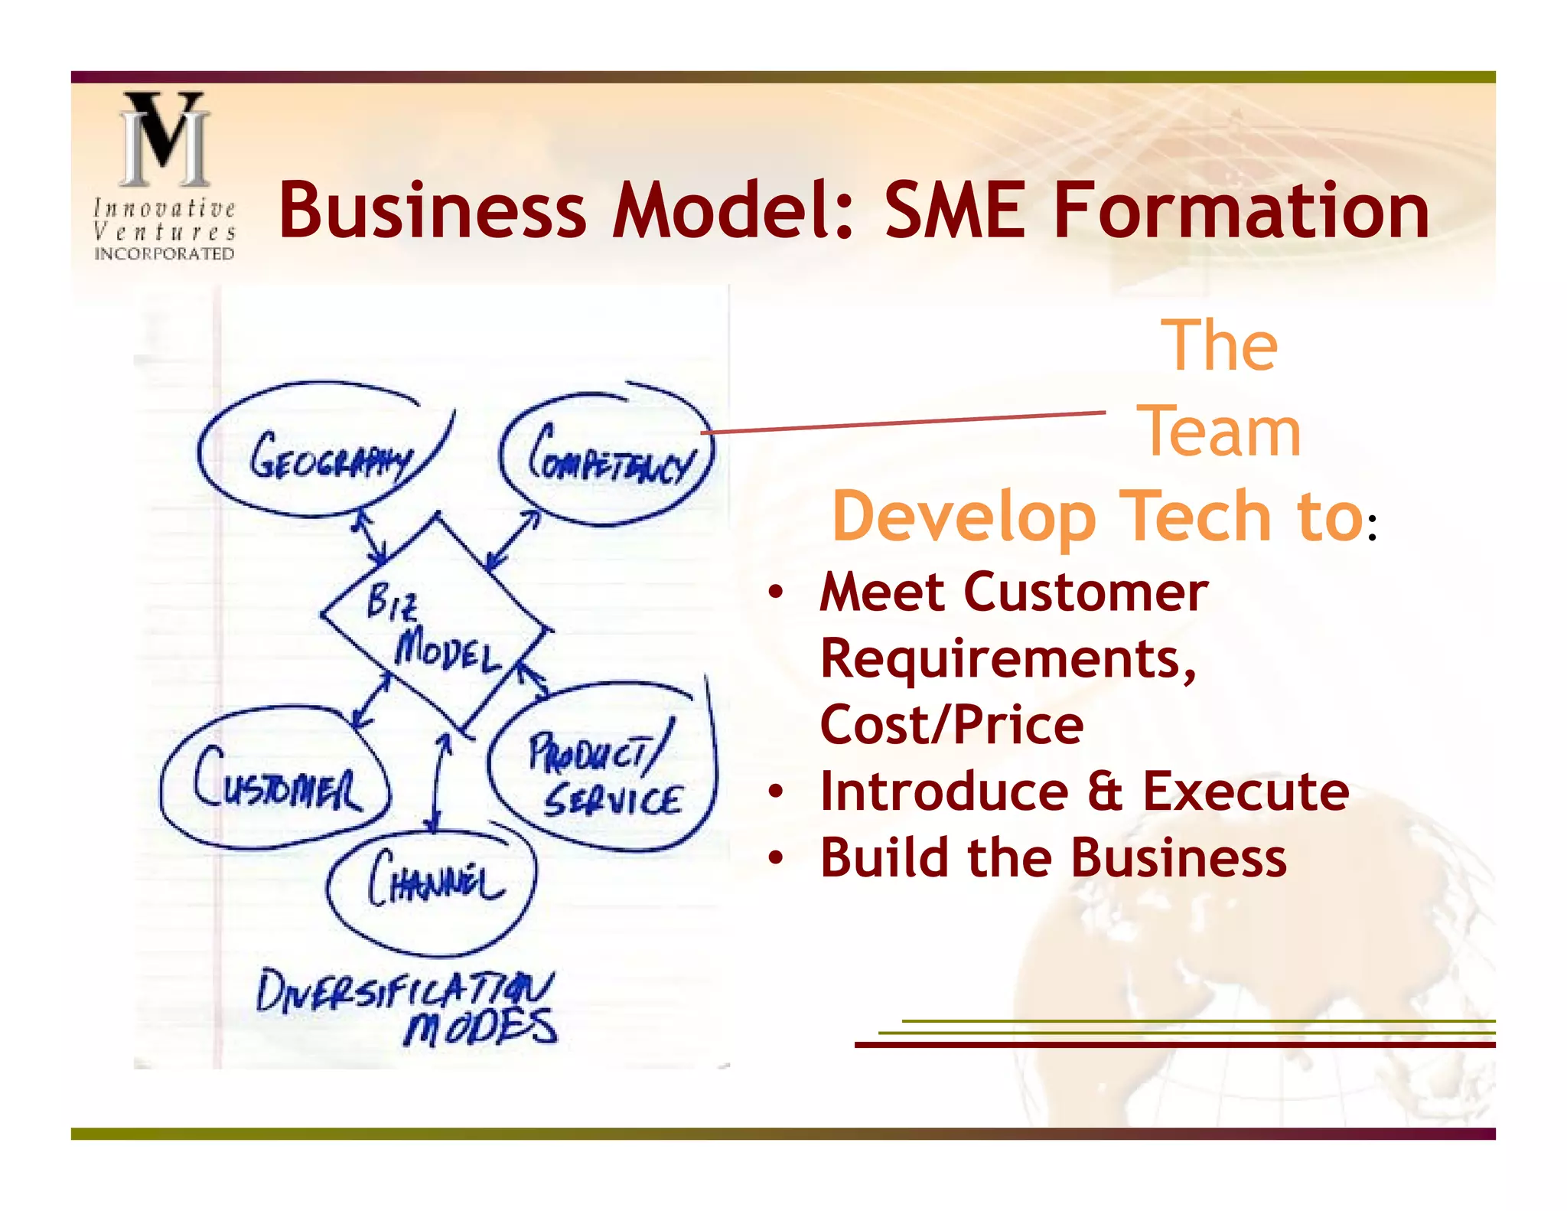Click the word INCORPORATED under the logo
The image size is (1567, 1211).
tap(164, 253)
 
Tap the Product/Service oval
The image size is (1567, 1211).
tap(604, 773)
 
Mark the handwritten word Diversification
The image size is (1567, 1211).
tap(405, 991)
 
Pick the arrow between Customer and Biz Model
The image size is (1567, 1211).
tap(370, 700)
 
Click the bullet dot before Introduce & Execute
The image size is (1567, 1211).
tap(776, 792)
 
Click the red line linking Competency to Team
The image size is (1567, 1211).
tap(903, 423)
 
